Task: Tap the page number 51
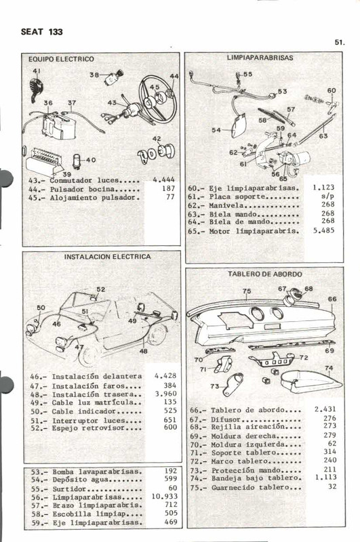click(339, 42)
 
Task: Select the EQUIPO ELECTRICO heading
click(61, 59)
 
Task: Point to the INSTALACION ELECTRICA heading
click(107, 257)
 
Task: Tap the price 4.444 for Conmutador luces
click(164, 180)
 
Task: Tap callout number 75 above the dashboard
click(246, 291)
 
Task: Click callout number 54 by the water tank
click(216, 130)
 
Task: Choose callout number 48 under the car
click(144, 351)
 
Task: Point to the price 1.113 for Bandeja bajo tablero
click(325, 476)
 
